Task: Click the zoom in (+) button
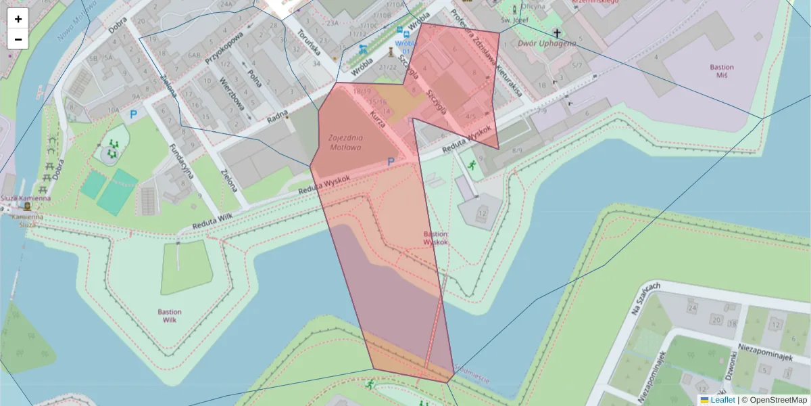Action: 18,19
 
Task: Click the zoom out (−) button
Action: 18,39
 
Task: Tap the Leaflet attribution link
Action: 722,400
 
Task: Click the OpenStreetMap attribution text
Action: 779,400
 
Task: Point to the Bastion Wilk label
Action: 169,316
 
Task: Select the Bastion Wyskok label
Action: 435,238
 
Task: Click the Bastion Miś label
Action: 722,72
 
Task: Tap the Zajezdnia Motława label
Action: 345,142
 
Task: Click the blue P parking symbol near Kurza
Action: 390,162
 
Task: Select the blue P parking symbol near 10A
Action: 133,115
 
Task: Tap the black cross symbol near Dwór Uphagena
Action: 558,32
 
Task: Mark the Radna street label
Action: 277,116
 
